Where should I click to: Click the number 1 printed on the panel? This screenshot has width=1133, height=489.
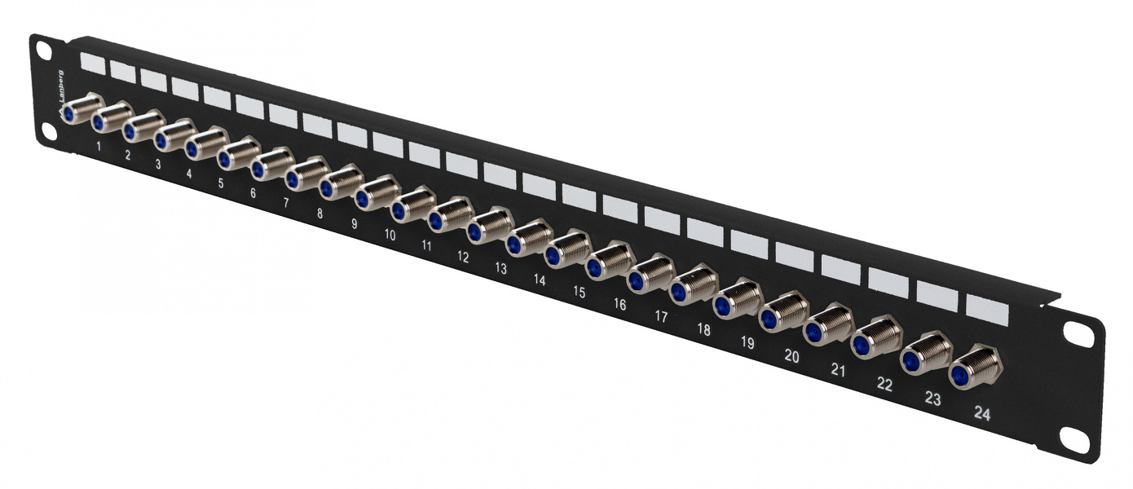pos(99,147)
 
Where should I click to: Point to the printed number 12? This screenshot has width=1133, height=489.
pos(463,257)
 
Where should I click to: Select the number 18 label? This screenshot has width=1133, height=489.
pos(704,331)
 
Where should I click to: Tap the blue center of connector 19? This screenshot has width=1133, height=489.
pos(721,306)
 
